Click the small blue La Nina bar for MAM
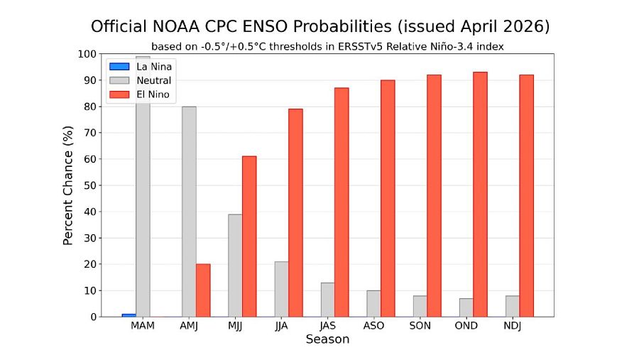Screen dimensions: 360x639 (129, 315)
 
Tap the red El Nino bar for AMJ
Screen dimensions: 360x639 (203, 290)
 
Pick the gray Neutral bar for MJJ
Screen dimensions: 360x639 (235, 266)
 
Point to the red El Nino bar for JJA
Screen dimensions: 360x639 (295, 213)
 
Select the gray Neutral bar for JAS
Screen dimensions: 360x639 (327, 300)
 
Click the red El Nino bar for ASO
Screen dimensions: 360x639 (388, 198)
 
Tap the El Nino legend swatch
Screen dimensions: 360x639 (119, 94)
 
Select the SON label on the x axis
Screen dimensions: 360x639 (420, 326)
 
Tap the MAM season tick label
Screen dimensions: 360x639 (143, 326)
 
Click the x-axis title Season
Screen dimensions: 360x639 (327, 339)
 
